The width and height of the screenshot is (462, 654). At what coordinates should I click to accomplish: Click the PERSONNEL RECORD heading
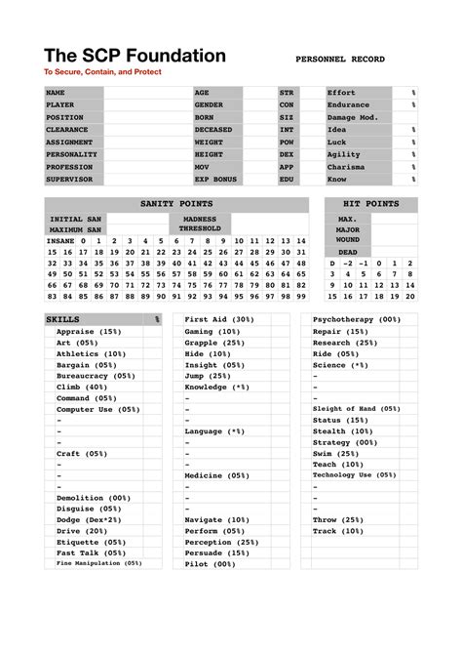339,60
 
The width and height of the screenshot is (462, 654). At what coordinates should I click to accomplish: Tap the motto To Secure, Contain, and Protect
102,72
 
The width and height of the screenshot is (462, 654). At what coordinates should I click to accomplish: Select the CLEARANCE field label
67,130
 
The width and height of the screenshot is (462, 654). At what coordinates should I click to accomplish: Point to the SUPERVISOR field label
68,180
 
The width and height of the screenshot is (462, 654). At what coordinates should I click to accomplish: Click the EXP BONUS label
216,180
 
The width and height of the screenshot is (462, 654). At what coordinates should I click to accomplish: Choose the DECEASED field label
214,130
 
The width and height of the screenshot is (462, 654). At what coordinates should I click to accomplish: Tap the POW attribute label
287,143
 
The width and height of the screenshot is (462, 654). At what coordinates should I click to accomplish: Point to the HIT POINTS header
371,204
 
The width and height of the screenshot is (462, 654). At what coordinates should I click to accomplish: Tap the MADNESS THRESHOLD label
200,224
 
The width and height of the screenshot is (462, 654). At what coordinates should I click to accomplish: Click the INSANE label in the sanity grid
60,240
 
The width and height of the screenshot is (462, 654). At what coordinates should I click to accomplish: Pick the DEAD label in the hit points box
348,251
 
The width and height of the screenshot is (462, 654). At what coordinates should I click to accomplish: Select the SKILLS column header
63,319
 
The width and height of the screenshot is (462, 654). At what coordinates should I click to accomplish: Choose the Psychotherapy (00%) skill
357,319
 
